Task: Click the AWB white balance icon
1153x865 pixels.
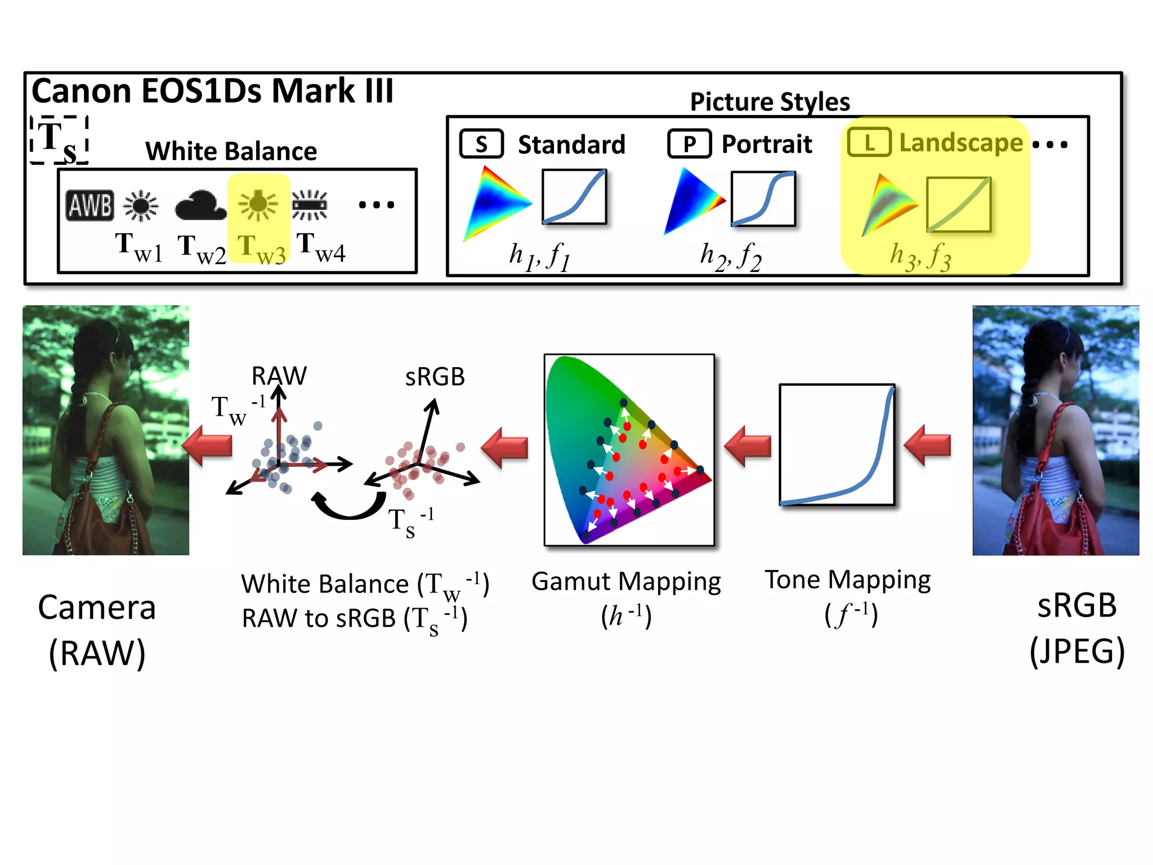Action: [90, 205]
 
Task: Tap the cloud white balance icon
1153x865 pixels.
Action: [200, 206]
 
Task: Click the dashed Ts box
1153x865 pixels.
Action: [59, 140]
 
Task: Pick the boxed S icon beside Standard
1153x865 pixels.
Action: [481, 144]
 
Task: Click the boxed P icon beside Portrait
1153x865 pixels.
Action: [689, 144]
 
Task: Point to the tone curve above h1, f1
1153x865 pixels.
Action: [574, 197]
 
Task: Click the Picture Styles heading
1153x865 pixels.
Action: [770, 102]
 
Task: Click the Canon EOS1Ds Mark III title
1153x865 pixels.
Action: [212, 91]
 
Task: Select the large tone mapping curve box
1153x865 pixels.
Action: [837, 445]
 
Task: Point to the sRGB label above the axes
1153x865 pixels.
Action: [435, 377]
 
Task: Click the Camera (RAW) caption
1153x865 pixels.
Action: [97, 630]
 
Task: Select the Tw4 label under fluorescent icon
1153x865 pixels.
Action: [321, 248]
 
